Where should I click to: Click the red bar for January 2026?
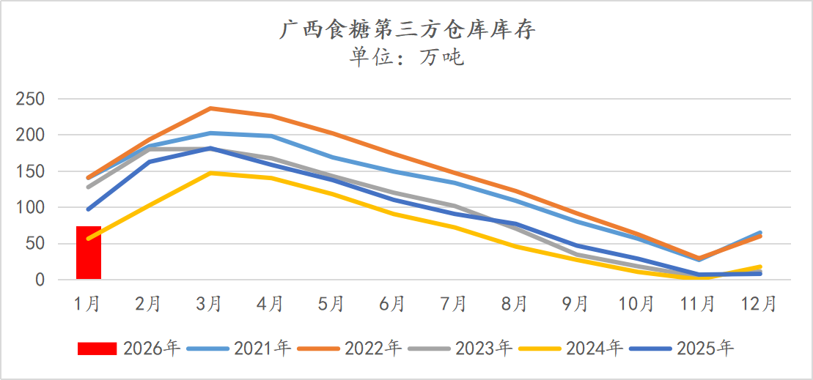[89, 253]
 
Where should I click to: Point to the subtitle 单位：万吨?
[407, 56]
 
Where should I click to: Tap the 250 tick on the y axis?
[30, 100]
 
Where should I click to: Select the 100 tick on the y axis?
[30, 208]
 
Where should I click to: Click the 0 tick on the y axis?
[40, 280]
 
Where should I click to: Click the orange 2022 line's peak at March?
[210, 108]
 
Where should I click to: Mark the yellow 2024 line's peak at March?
[210, 173]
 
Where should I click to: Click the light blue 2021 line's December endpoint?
[759, 233]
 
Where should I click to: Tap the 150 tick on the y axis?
[30, 172]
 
